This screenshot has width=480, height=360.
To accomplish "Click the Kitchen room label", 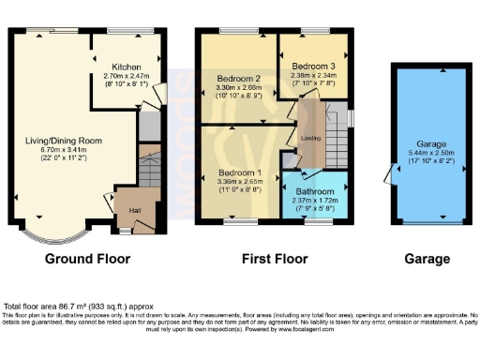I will coord(126,67).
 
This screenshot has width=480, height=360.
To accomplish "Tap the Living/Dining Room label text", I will coord(64,142).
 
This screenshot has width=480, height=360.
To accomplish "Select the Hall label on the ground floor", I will coord(134,211).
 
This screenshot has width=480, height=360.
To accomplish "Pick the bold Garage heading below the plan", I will coord(427,259).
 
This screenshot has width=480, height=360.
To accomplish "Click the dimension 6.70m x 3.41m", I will coord(64,150).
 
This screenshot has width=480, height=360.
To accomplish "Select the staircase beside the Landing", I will coord(335,141).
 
